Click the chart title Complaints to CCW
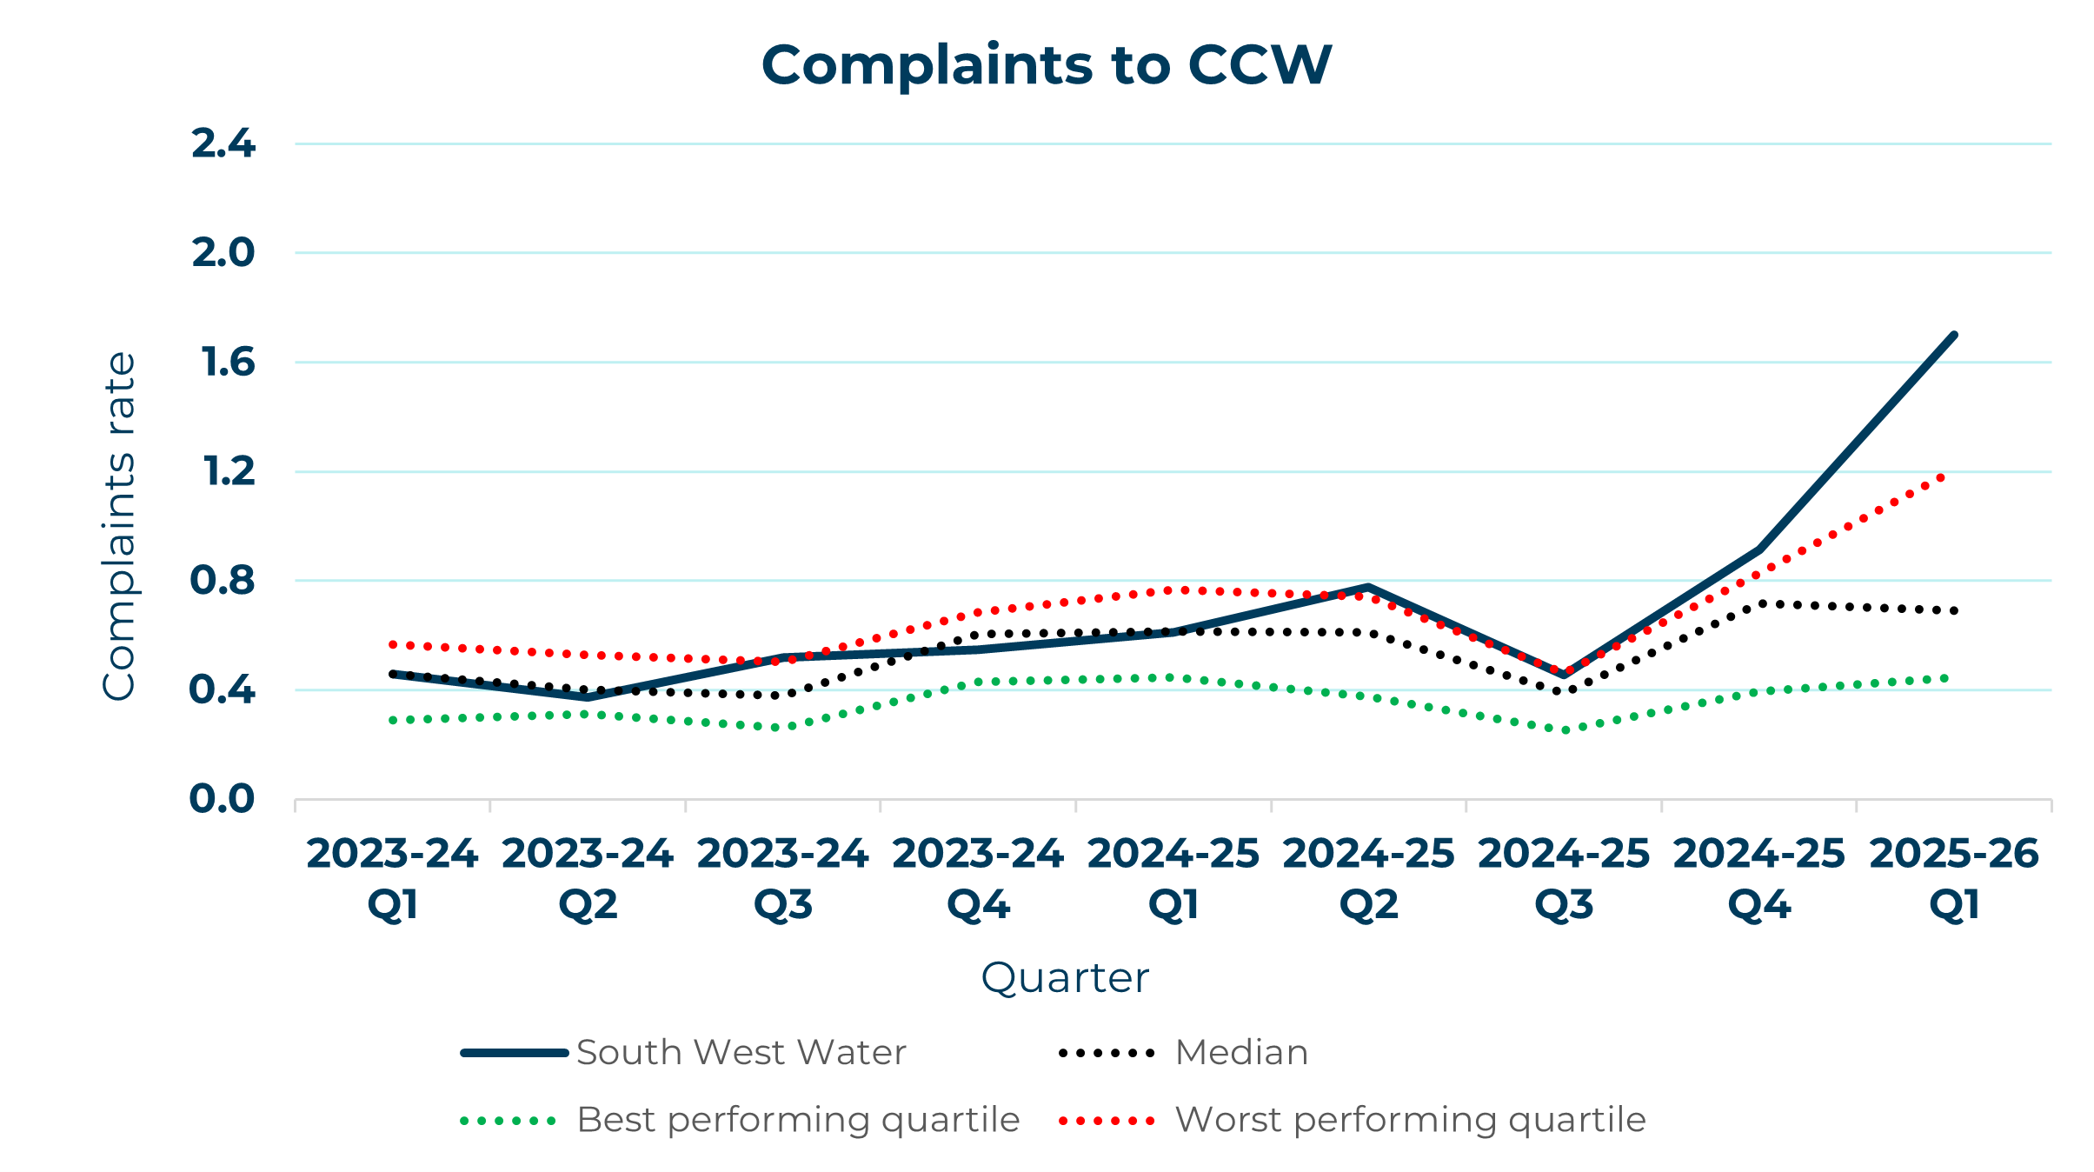click(x=1047, y=65)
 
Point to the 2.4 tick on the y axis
click(x=223, y=143)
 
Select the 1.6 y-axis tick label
click(x=229, y=362)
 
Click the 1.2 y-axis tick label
click(x=229, y=471)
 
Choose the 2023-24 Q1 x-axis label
click(x=392, y=878)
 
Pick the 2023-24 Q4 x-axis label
click(x=978, y=878)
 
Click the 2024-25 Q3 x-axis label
click(x=1564, y=878)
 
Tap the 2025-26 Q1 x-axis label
click(x=1954, y=878)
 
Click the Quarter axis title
click(x=1065, y=977)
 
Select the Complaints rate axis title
click(x=119, y=525)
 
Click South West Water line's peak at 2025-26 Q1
click(x=1953, y=335)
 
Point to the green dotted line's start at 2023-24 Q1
click(x=393, y=720)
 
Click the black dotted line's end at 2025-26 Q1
click(x=1954, y=610)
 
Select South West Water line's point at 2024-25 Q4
click(x=1758, y=549)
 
